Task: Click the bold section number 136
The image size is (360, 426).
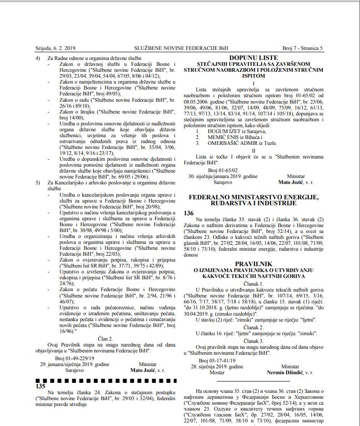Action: click(x=188, y=213)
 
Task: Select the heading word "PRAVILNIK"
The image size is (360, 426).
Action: click(x=253, y=264)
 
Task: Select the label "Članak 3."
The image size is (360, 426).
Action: click(x=253, y=340)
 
